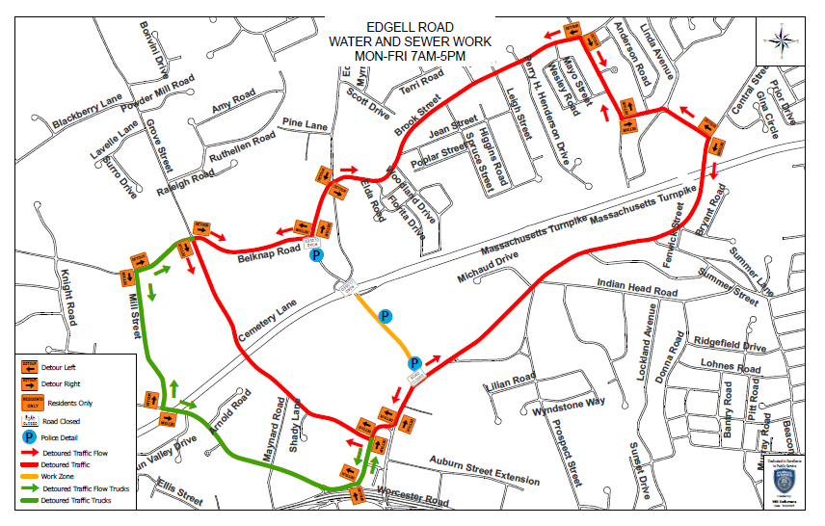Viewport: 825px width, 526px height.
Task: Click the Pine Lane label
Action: point(306,124)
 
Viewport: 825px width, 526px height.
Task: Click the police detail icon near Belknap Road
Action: point(315,256)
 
